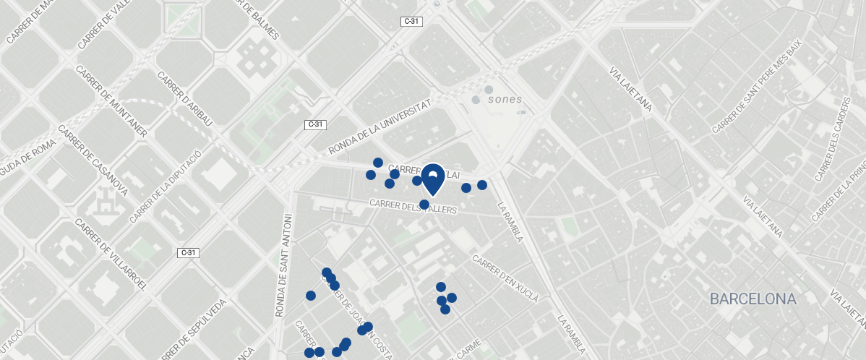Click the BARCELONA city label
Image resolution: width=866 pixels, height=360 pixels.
click(x=753, y=299)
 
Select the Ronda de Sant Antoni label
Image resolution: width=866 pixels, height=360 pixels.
click(x=283, y=265)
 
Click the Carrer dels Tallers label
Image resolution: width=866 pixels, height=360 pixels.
click(x=413, y=207)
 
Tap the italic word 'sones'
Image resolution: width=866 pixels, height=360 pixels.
click(x=505, y=99)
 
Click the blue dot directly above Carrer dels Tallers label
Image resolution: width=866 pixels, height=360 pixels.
click(x=424, y=204)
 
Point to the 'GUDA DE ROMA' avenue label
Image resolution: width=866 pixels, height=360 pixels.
click(x=27, y=152)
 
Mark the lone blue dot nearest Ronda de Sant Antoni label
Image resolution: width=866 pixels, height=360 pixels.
click(x=311, y=296)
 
